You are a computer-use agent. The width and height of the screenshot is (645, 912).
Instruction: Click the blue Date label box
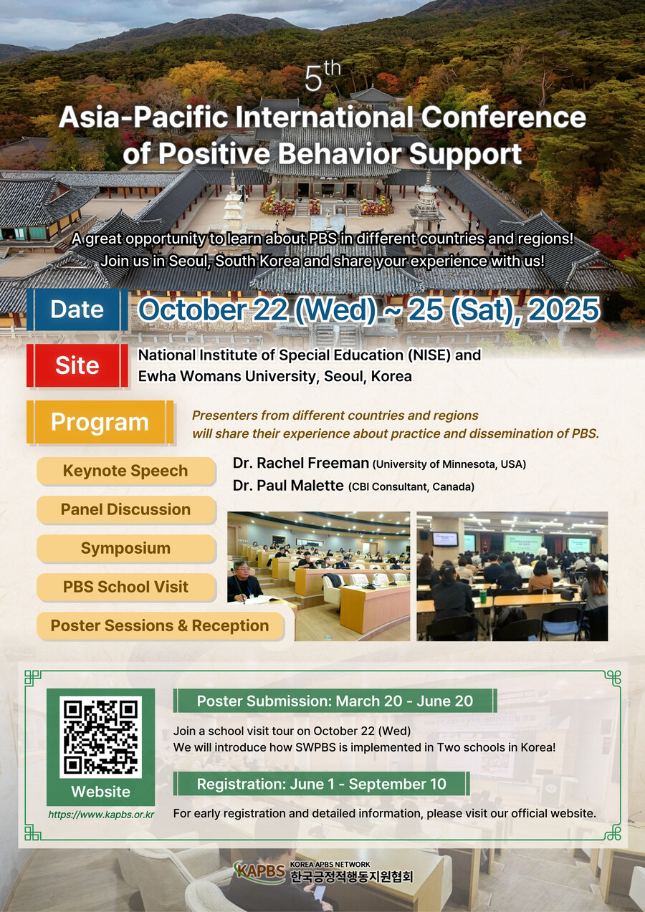[77, 309]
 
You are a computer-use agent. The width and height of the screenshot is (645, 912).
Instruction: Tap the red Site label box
[77, 365]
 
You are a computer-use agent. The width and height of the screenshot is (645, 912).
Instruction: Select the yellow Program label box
[100, 422]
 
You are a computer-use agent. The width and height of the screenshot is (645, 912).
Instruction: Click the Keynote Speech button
[126, 471]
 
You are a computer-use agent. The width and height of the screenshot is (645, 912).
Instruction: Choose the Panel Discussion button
[126, 510]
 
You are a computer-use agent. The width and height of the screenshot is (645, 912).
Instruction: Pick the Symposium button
[126, 549]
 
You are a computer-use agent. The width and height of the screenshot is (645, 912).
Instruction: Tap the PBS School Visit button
[126, 587]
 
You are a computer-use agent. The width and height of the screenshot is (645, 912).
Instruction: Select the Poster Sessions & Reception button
[160, 625]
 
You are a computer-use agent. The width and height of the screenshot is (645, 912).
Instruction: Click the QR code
[100, 737]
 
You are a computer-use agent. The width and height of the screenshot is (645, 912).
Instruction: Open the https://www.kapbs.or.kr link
[101, 815]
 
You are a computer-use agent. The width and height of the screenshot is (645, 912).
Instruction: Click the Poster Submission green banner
[335, 701]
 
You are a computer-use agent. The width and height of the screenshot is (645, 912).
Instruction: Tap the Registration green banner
[321, 784]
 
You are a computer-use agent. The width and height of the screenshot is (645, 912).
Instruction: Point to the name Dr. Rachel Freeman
[300, 464]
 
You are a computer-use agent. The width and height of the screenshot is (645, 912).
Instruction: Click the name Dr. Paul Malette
[288, 486]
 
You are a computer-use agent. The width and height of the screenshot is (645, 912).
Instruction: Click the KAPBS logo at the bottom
[260, 872]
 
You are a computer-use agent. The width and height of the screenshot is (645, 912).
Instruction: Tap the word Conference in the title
[503, 117]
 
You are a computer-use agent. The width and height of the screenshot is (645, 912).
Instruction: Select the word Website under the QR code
[100, 792]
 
